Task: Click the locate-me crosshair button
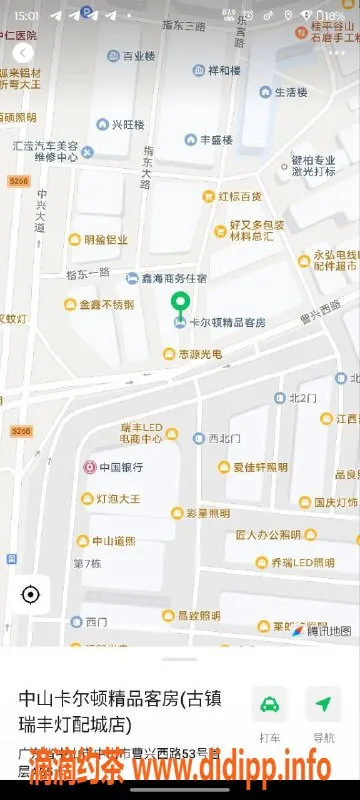(30, 595)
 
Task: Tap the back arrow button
(24, 52)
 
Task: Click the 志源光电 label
(199, 354)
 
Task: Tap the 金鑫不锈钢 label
(106, 304)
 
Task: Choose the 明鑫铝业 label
(104, 240)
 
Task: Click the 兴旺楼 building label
(127, 125)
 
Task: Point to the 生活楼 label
(290, 92)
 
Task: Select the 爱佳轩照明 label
(260, 467)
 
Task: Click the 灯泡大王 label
(117, 497)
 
